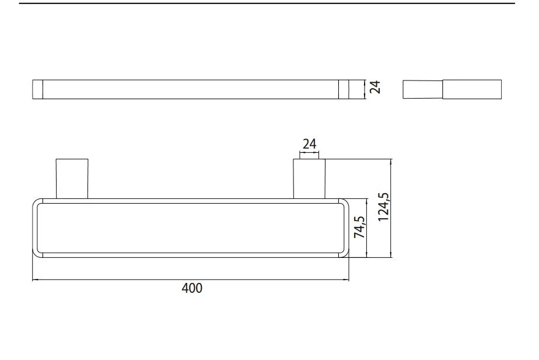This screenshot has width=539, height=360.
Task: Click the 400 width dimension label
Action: [192, 288]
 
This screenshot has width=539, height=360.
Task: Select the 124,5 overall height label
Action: [383, 207]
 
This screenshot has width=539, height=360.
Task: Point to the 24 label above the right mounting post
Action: [309, 144]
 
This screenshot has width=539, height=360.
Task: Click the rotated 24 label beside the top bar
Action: [376, 88]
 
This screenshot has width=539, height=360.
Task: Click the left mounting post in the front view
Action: [72, 178]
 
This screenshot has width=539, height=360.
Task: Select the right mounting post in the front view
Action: [309, 178]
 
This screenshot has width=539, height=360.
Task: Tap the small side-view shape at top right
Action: [452, 89]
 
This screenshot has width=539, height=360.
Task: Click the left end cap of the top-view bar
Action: [38, 89]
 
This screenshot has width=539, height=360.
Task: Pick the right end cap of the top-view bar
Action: [344, 89]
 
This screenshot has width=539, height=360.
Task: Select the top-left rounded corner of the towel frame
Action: [37, 203]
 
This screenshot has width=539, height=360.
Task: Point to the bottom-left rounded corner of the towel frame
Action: [37, 253]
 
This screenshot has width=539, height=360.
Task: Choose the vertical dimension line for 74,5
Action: [366, 228]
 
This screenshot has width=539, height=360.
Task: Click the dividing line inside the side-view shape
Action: [443, 89]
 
